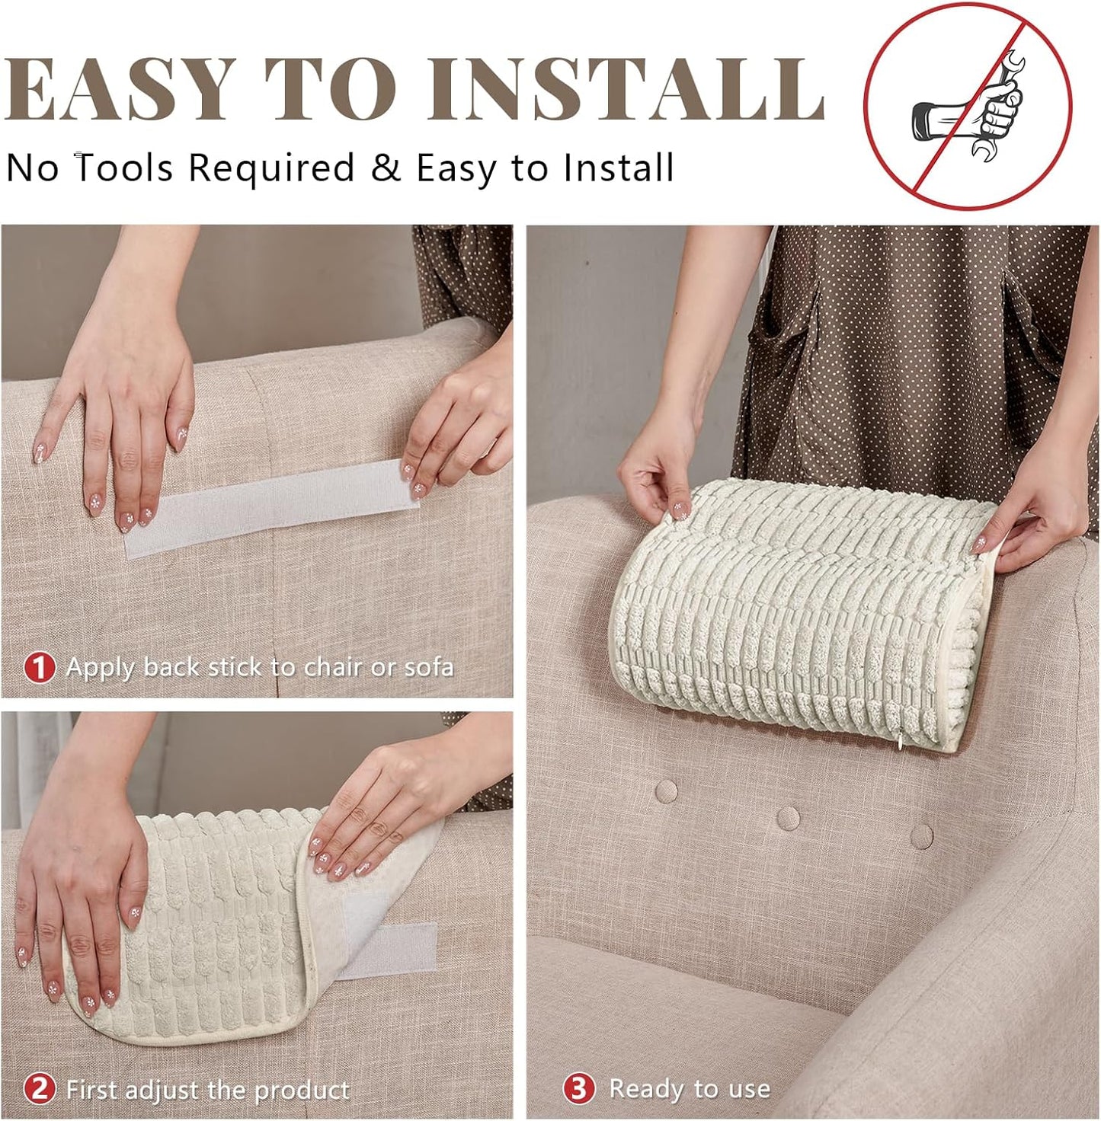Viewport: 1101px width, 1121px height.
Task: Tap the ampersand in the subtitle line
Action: (386, 168)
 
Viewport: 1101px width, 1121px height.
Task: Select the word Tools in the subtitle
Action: (125, 168)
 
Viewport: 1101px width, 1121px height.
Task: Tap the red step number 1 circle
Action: (39, 667)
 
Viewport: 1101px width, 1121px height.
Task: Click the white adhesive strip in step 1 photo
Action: (271, 508)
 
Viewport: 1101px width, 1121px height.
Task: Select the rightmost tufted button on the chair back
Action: (921, 835)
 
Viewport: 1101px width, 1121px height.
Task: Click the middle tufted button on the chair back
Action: (788, 818)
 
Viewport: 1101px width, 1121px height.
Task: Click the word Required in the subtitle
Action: (271, 168)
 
